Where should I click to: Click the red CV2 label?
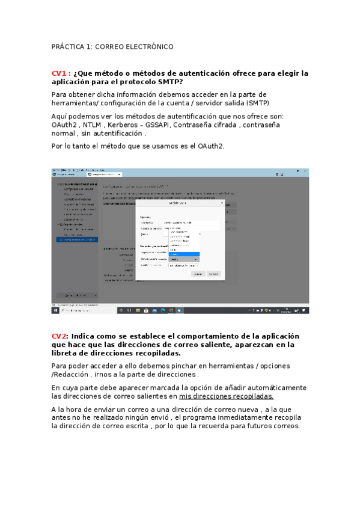pos(59,336)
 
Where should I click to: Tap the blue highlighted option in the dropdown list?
pos(183,254)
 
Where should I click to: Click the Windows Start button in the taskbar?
pos(55,310)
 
